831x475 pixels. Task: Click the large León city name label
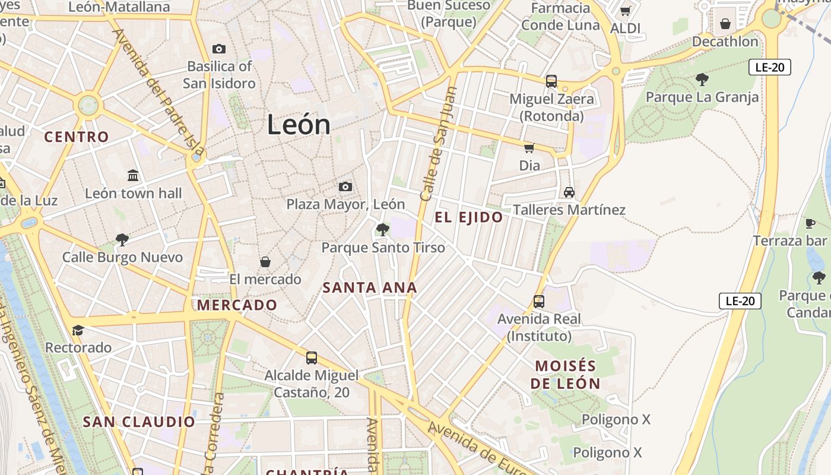pos(299,125)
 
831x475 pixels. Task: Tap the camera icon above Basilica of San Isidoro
pos(218,49)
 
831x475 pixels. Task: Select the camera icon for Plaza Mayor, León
pos(345,187)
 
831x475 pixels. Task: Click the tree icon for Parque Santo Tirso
pos(383,229)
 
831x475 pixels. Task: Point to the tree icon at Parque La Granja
pos(702,79)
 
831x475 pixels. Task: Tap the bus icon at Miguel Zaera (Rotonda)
pos(551,81)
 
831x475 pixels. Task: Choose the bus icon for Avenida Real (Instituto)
pos(539,301)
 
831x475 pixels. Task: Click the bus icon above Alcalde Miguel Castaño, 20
pos(312,357)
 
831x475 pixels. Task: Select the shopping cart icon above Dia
pos(529,148)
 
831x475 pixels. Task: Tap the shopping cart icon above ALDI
pos(625,11)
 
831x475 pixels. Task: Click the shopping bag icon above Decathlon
pos(725,24)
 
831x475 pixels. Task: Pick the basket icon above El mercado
pos(265,262)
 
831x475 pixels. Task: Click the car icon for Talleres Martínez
pos(569,192)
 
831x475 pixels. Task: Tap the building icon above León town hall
pos(134,176)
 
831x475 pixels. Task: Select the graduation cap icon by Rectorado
pos(78,330)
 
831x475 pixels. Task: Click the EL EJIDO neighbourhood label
pos(468,217)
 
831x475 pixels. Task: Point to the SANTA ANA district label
pos(369,288)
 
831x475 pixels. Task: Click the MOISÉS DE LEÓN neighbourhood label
pos(565,374)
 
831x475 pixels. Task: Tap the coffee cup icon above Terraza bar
pos(810,223)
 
